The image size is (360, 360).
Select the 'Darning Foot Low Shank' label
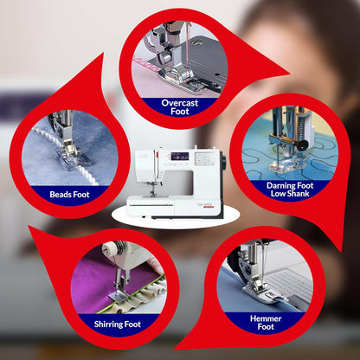click(x=290, y=188)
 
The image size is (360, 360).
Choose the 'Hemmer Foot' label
click(x=266, y=322)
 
